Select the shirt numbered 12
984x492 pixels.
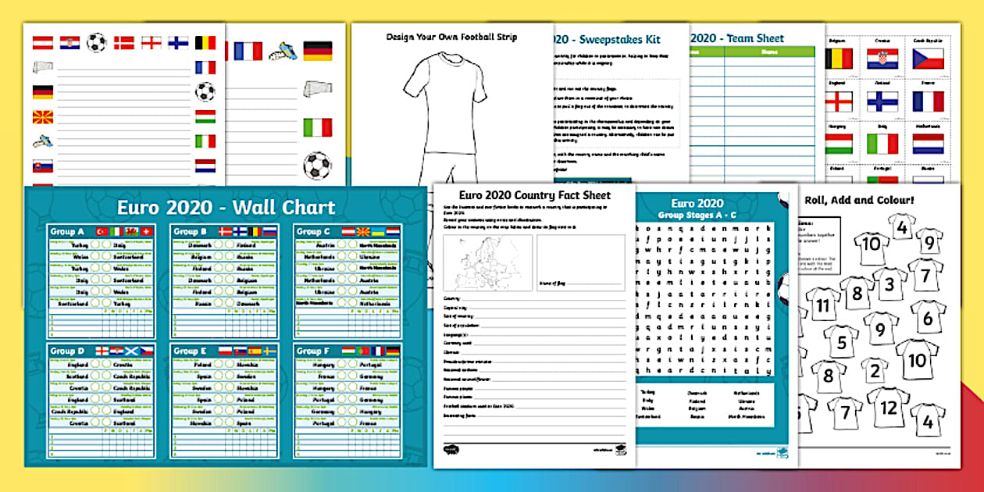pos(888,407)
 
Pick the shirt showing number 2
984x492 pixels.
pos(875,369)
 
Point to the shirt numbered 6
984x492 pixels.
pos(928,317)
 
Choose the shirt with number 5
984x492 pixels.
pos(840,341)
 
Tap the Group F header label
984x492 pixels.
pos(310,351)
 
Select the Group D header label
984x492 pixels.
pos(65,351)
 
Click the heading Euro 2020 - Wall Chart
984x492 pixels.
pos(226,208)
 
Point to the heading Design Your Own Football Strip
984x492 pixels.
pos(451,37)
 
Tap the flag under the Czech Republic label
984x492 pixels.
pos(929,59)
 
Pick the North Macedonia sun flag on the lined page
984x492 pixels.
pos(42,117)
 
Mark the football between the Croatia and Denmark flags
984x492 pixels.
pos(96,42)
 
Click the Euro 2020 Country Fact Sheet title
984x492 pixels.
pos(534,195)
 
